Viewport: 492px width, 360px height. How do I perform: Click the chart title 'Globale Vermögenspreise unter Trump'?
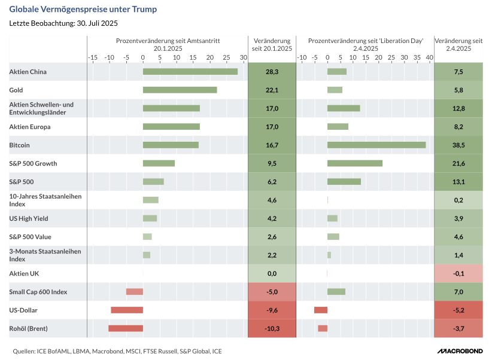click(x=84, y=10)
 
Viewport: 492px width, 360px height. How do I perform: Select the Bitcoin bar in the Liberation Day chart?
click(x=376, y=145)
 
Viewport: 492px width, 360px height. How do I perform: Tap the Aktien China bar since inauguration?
click(x=190, y=72)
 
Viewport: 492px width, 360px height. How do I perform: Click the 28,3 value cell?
click(x=272, y=72)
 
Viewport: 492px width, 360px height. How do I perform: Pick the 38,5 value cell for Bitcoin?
click(x=458, y=145)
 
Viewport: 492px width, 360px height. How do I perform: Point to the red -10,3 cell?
click(x=272, y=328)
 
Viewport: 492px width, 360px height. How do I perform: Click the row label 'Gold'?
click(x=17, y=90)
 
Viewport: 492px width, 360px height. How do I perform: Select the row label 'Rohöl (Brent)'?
click(x=28, y=328)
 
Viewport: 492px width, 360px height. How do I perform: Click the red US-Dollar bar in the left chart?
click(x=127, y=310)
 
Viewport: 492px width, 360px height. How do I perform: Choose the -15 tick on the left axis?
click(x=93, y=57)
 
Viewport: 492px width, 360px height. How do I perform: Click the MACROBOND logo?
click(x=458, y=351)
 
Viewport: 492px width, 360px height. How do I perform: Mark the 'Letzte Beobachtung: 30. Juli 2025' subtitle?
click(x=63, y=23)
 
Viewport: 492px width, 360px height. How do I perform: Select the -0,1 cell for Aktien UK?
click(x=458, y=273)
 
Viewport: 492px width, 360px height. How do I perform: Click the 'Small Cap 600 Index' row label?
click(x=38, y=292)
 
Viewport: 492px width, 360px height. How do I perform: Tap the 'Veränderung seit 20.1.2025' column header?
click(x=272, y=44)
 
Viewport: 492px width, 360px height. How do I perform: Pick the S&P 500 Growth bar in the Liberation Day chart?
click(x=355, y=163)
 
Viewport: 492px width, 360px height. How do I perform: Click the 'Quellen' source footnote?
click(x=117, y=351)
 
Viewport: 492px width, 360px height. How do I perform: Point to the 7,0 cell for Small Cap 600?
click(x=458, y=292)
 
